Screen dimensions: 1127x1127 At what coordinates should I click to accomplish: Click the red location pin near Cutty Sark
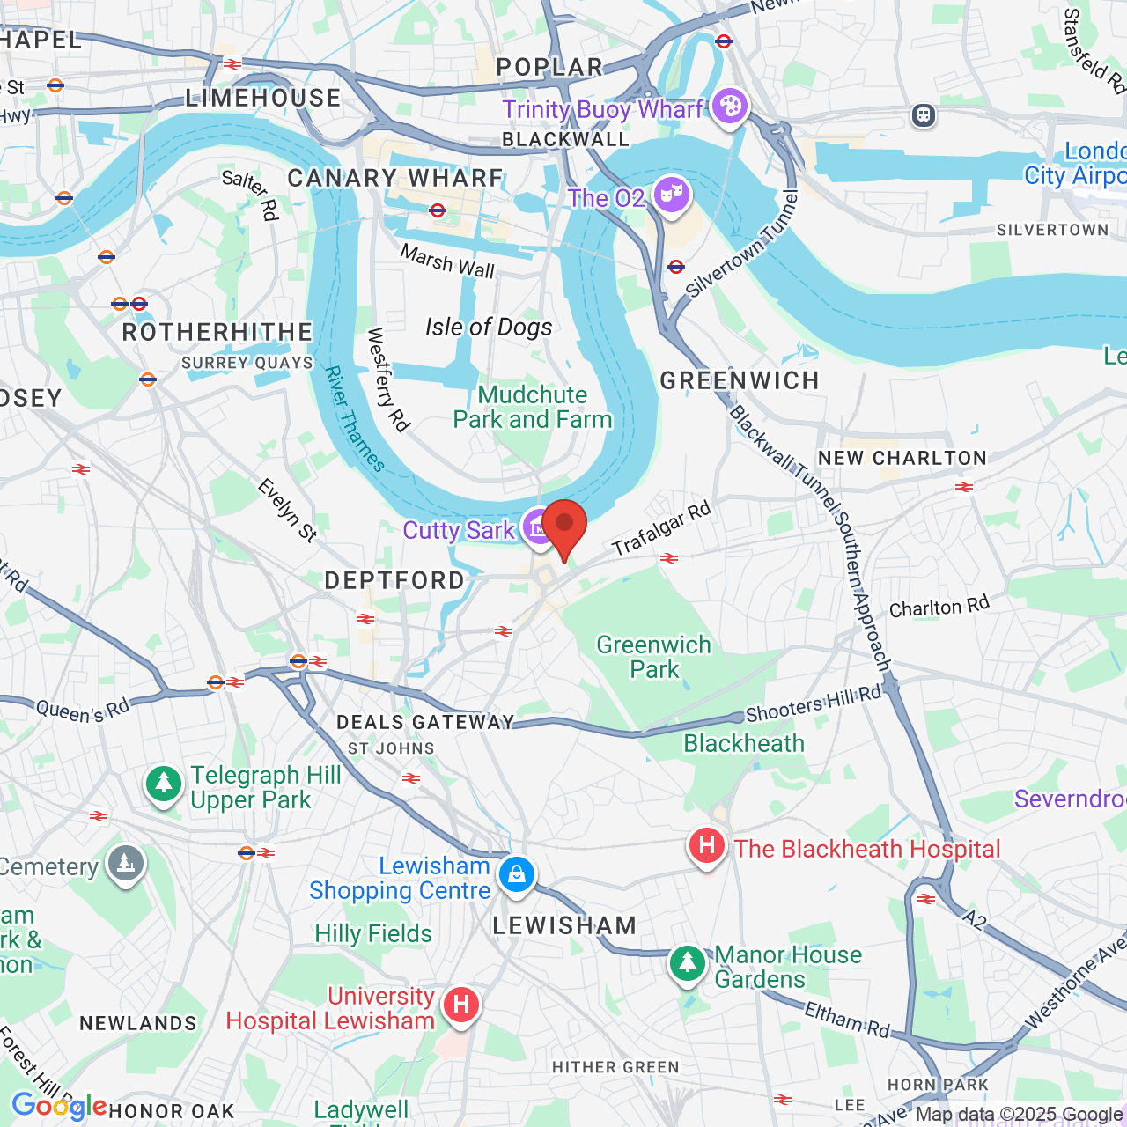point(563,525)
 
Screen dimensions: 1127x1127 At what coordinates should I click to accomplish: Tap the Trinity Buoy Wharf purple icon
point(729,107)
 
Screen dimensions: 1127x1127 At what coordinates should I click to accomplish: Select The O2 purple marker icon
point(672,194)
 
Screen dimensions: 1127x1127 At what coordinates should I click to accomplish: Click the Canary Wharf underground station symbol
point(438,210)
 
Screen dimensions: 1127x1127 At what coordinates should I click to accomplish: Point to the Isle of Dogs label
point(489,328)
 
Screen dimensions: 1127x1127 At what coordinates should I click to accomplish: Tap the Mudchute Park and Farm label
point(532,407)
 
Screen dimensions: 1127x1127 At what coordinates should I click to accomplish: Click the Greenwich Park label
point(653,657)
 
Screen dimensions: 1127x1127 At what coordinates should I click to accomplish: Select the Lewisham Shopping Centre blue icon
point(517,874)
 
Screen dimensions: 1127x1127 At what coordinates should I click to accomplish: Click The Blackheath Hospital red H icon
point(706,846)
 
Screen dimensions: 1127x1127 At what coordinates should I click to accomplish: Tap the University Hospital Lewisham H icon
point(460,1005)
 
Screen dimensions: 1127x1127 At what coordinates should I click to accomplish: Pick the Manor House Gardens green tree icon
point(687,962)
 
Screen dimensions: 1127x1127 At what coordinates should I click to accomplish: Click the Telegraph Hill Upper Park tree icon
point(163,783)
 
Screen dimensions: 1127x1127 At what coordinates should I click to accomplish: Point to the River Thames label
point(355,419)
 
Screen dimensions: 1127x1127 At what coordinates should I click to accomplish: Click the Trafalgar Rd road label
point(660,528)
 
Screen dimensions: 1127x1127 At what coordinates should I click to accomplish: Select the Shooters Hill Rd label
point(813,703)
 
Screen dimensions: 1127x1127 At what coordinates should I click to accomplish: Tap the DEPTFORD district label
point(394,580)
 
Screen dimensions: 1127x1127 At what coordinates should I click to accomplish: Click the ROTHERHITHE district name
point(217,332)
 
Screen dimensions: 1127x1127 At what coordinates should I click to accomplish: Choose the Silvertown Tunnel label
point(741,245)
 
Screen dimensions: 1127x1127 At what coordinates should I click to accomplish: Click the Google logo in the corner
point(58,1106)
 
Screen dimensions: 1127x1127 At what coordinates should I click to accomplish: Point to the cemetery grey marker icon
point(125,864)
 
